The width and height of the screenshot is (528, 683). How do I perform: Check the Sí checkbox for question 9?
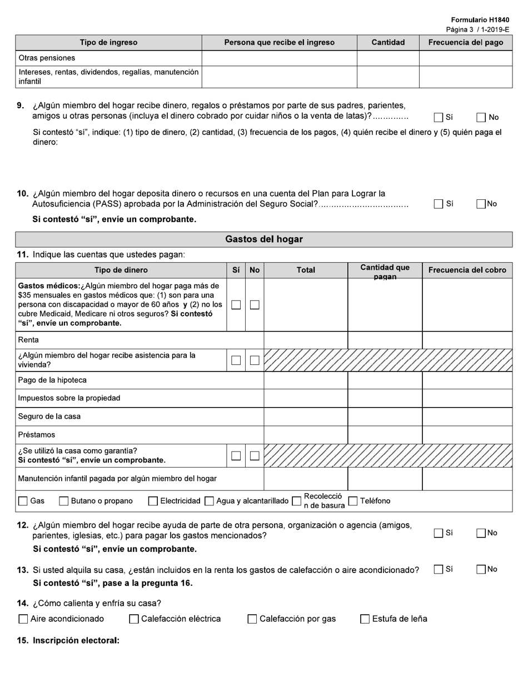pyautogui.click(x=439, y=117)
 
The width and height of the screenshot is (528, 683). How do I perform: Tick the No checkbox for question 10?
pyautogui.click(x=481, y=204)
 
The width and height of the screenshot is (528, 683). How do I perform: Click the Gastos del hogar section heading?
pyautogui.click(x=263, y=239)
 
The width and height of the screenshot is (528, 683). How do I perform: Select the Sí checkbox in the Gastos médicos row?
pyautogui.click(x=236, y=305)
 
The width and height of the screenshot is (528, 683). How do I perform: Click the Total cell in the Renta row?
pyautogui.click(x=306, y=340)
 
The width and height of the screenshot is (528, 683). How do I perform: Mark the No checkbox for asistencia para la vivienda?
pyautogui.click(x=255, y=360)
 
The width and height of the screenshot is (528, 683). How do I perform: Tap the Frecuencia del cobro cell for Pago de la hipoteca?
pyautogui.click(x=467, y=380)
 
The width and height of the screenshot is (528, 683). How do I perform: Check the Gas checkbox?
pyautogui.click(x=23, y=501)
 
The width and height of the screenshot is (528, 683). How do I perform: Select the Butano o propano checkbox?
pyautogui.click(x=64, y=501)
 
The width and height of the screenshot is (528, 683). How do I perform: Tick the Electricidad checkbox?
pyautogui.click(x=153, y=501)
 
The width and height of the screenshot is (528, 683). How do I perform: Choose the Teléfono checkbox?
pyautogui.click(x=353, y=501)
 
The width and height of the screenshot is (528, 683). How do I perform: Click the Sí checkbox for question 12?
pyautogui.click(x=439, y=533)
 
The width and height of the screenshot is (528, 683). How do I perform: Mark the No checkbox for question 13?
pyautogui.click(x=481, y=569)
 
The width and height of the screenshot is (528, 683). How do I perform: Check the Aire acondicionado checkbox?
pyautogui.click(x=23, y=619)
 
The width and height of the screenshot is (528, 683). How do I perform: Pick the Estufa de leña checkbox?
pyautogui.click(x=365, y=619)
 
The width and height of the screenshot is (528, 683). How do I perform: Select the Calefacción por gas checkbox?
pyautogui.click(x=252, y=619)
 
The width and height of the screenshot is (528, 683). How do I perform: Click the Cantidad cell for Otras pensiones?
pyautogui.click(x=387, y=58)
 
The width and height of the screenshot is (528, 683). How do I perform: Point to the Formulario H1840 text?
pyautogui.click(x=480, y=20)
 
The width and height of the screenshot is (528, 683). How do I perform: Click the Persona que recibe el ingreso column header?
pyautogui.click(x=279, y=42)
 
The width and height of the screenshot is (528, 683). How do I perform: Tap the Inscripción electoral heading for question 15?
pyautogui.click(x=76, y=640)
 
